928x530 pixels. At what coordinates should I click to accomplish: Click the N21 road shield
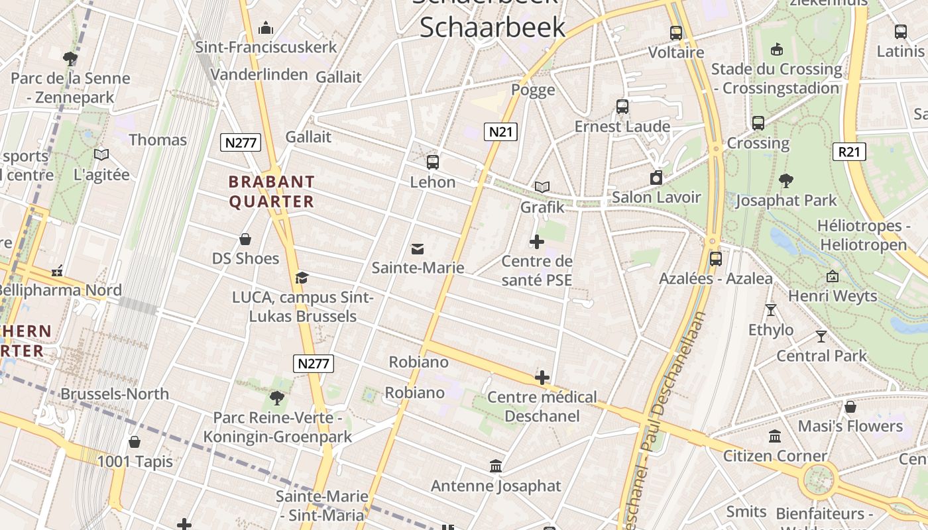pos(500,132)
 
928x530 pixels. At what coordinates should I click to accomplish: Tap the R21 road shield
pos(849,152)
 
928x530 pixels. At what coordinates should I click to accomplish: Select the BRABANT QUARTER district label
pos(272,191)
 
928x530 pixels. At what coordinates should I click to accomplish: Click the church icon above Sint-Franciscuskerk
pos(266,28)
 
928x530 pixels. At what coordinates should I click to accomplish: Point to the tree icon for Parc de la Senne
pos(70,59)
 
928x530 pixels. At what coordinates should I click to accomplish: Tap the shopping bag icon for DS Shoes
pos(245,239)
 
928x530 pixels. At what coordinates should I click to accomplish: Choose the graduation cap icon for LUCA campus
pos(302,278)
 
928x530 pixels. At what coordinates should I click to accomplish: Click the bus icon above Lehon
pos(433,162)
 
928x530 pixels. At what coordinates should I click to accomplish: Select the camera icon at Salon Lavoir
pos(656,178)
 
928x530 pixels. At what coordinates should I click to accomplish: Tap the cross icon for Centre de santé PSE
pos(537,242)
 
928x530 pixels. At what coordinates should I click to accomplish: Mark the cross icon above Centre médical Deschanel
pos(542,378)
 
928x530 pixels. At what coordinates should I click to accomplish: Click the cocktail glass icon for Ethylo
pos(770,309)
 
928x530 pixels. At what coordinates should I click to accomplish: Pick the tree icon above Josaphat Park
pos(786,180)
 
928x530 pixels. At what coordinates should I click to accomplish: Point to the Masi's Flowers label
pos(850,426)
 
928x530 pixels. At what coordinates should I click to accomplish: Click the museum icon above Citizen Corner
pos(775,436)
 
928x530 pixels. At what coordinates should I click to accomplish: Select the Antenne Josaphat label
pos(496,486)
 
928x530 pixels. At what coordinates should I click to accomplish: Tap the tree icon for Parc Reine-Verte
pos(277,398)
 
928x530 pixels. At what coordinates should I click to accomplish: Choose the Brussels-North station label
pos(115,394)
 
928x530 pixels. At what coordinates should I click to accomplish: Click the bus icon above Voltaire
pos(676,32)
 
